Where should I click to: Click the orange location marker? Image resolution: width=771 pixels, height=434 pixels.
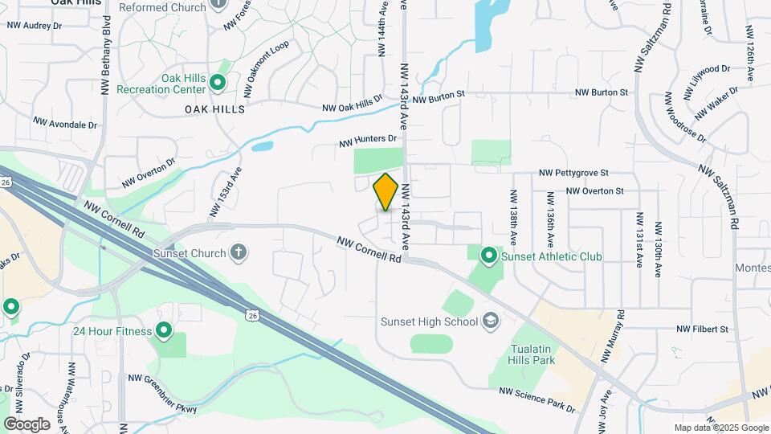386,191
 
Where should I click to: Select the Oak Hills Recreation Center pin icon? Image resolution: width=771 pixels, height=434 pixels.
217,82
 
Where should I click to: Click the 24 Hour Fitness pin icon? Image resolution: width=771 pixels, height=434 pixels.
165,330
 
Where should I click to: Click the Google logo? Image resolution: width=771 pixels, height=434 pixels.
27,424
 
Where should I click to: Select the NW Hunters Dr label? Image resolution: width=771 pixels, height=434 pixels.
369,141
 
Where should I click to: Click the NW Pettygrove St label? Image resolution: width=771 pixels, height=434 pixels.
573,173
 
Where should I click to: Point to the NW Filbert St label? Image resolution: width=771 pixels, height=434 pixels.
702,329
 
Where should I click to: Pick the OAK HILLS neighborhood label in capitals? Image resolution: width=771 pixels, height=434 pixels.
214,108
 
